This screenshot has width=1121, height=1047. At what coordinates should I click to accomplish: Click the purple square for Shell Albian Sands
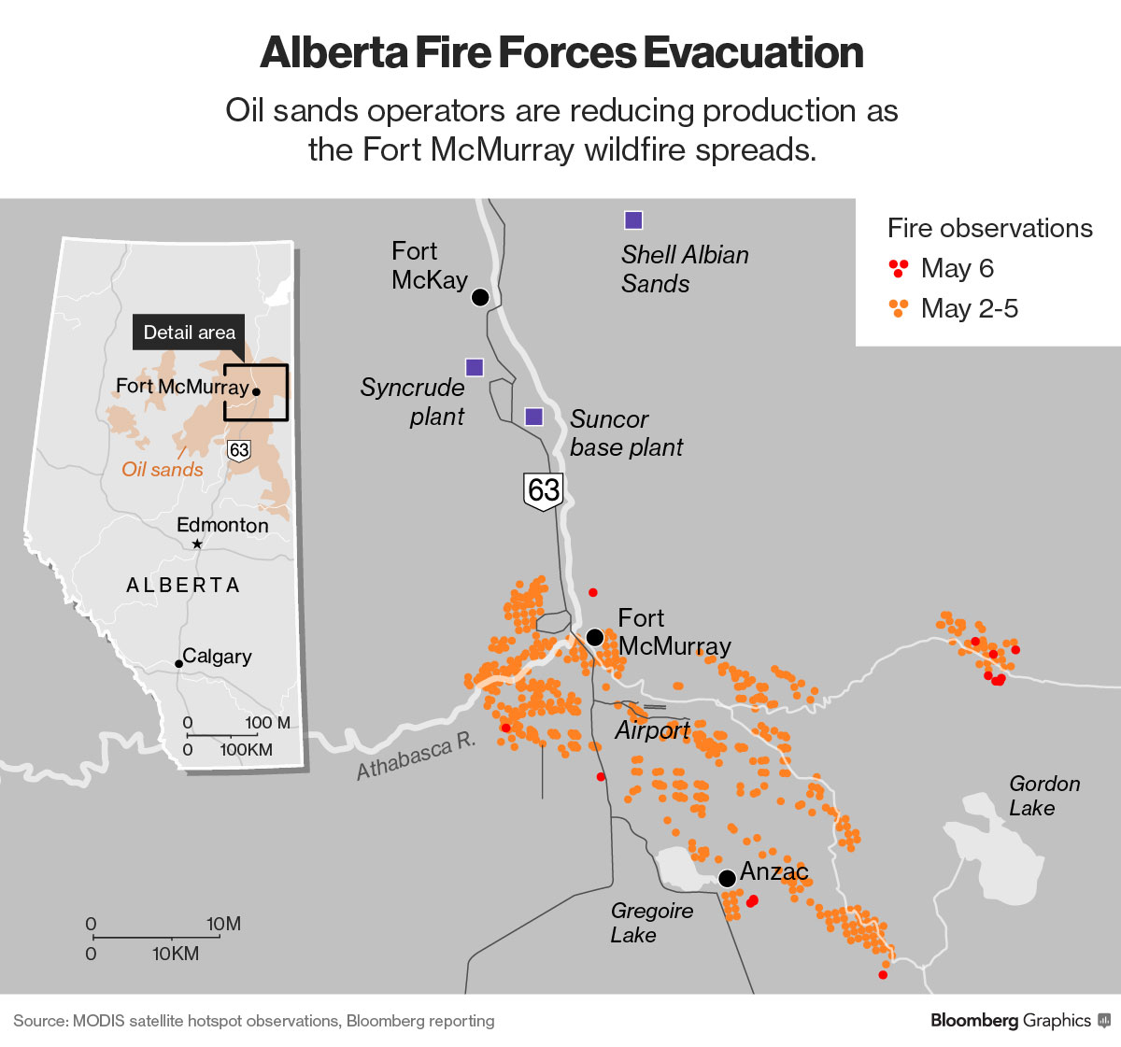[633, 220]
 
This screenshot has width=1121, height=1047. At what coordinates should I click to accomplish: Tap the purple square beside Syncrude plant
[475, 367]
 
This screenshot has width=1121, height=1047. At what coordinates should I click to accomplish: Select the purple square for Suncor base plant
[534, 417]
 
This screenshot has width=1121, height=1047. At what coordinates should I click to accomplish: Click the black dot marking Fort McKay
[480, 297]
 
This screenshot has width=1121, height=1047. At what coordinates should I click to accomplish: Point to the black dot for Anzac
[727, 878]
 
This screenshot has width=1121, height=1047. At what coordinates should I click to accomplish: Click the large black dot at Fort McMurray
[595, 637]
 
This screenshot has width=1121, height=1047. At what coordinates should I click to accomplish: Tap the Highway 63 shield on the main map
[544, 490]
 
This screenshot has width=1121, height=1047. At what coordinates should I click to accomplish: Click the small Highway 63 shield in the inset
[239, 450]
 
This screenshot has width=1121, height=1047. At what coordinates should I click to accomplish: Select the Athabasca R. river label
[417, 757]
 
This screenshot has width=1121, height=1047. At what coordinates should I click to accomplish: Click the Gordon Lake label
[1043, 796]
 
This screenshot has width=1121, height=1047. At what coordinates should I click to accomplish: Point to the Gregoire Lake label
[651, 922]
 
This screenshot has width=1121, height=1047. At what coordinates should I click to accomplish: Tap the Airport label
[652, 729]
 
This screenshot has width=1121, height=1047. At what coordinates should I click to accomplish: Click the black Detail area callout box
[189, 332]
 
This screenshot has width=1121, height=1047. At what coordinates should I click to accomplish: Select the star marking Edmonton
[197, 544]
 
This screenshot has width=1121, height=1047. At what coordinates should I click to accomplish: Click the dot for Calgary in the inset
[178, 664]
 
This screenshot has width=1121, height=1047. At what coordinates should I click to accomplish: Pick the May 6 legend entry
[942, 269]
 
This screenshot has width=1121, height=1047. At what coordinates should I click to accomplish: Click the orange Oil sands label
[163, 469]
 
